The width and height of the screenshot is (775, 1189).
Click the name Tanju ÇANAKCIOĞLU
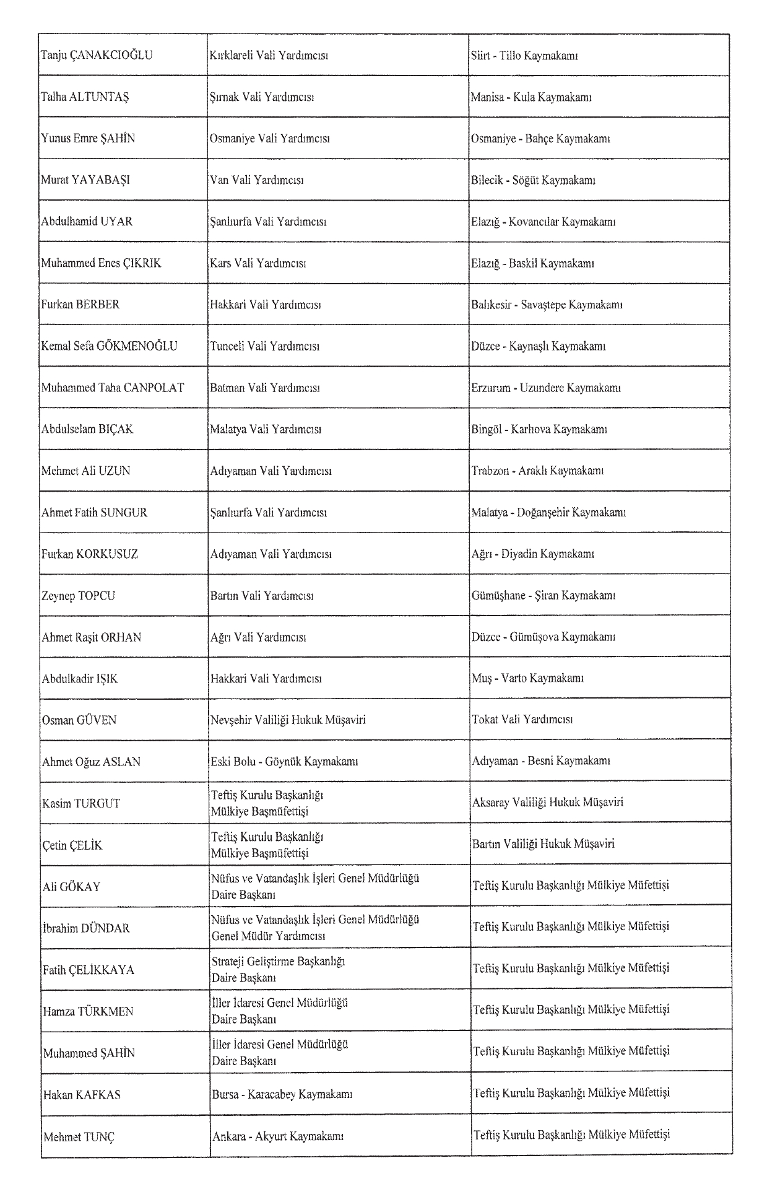click(x=97, y=56)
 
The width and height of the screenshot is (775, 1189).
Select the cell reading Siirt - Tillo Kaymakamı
click(x=524, y=56)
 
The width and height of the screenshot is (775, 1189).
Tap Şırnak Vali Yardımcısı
click(x=262, y=97)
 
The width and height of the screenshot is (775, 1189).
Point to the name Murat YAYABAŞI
click(x=85, y=180)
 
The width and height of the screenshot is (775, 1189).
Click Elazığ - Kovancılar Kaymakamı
click(x=543, y=222)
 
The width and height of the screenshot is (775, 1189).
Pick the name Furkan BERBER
click(x=80, y=305)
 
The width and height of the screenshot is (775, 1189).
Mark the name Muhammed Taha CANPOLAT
click(x=113, y=388)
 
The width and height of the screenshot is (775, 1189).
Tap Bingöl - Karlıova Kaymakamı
click(x=539, y=429)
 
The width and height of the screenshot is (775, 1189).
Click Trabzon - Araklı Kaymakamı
click(x=537, y=471)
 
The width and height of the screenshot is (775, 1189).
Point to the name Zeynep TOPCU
click(x=78, y=596)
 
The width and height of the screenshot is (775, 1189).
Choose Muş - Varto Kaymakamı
click(x=527, y=678)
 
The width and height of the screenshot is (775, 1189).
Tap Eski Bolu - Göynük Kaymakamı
click(x=284, y=761)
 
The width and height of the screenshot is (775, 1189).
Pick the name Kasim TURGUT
click(x=81, y=803)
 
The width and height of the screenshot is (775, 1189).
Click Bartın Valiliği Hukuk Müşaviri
click(x=543, y=844)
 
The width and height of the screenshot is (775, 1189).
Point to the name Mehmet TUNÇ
click(x=79, y=1137)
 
